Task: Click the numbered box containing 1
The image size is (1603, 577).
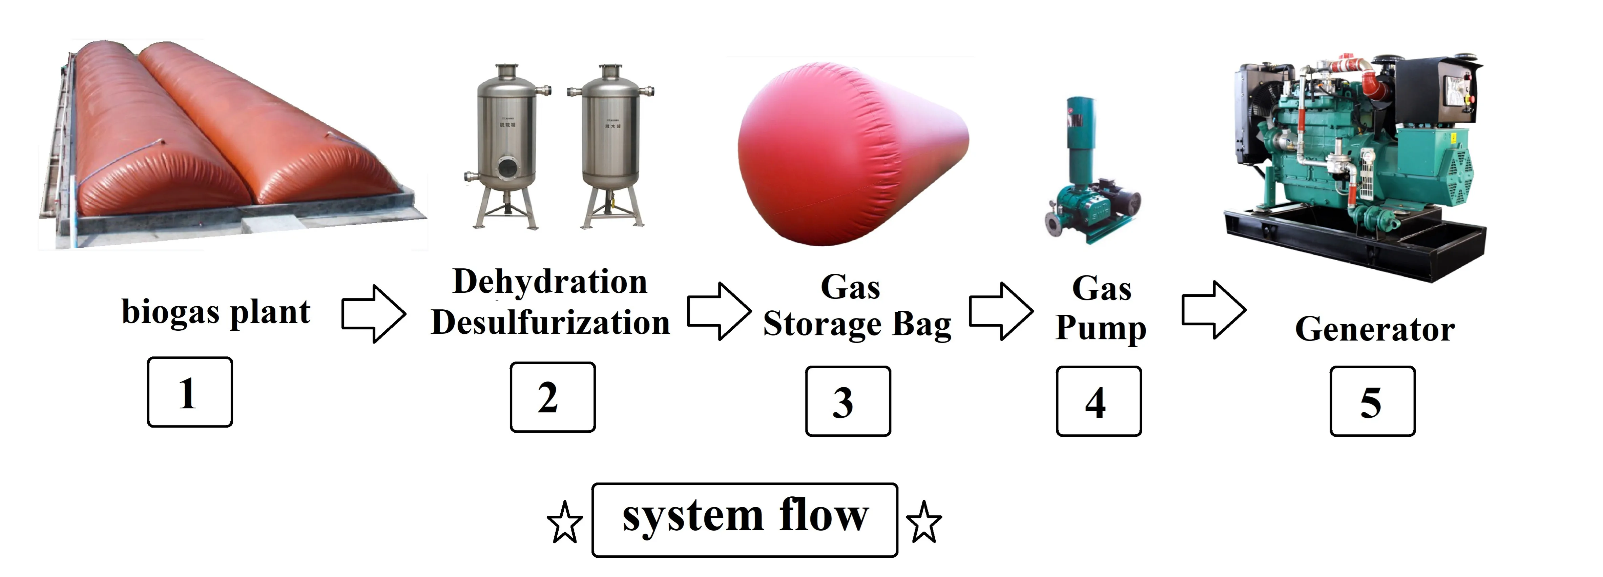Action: tap(190, 392)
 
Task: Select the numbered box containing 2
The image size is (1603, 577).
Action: tap(553, 397)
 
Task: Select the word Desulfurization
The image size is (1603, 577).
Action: tap(550, 323)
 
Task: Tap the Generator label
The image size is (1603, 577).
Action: tap(1375, 329)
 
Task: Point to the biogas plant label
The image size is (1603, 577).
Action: tap(215, 312)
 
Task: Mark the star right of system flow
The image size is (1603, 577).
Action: tap(924, 521)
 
